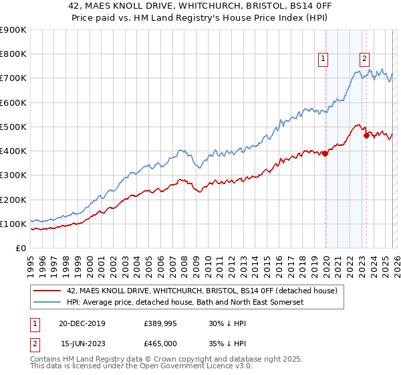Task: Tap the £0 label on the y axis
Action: click(21, 248)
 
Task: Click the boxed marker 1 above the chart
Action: click(323, 59)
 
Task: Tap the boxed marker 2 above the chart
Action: click(365, 59)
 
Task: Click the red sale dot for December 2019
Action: click(325, 153)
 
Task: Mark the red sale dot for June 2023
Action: click(366, 135)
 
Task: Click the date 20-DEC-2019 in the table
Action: click(83, 323)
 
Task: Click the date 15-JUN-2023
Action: click(83, 342)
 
